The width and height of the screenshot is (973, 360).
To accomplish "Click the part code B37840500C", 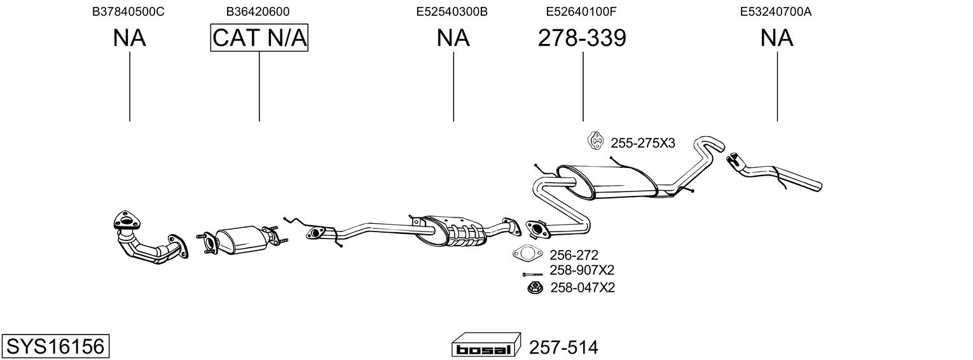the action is point(128,11).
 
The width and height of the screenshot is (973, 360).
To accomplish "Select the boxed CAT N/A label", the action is point(259,38).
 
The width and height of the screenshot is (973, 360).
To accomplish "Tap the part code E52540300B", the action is point(452,11).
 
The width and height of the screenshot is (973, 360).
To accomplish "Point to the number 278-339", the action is point(582,38).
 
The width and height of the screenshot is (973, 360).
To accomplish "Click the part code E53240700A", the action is point(776,11).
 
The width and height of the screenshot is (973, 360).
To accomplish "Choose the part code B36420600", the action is point(258,11).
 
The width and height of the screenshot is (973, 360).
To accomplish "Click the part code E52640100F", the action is point(581,11).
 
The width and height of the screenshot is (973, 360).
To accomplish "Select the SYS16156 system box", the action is point(55,347).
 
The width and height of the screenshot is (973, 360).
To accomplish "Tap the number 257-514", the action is point(563,347).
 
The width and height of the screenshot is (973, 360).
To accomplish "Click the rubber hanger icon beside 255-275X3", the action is point(595,141).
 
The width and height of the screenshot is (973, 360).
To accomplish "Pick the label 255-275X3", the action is point(643,143).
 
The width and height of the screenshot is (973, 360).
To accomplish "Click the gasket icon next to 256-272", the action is point(528,254).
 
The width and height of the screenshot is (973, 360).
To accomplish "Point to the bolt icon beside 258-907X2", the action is point(533,274).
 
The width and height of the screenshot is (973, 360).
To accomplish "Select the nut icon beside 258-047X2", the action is point(535,287).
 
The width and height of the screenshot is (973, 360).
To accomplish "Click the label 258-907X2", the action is point(582,270).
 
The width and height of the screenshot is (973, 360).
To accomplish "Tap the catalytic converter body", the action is point(242,240).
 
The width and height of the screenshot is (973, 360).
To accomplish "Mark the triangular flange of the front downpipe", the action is point(127,221).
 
